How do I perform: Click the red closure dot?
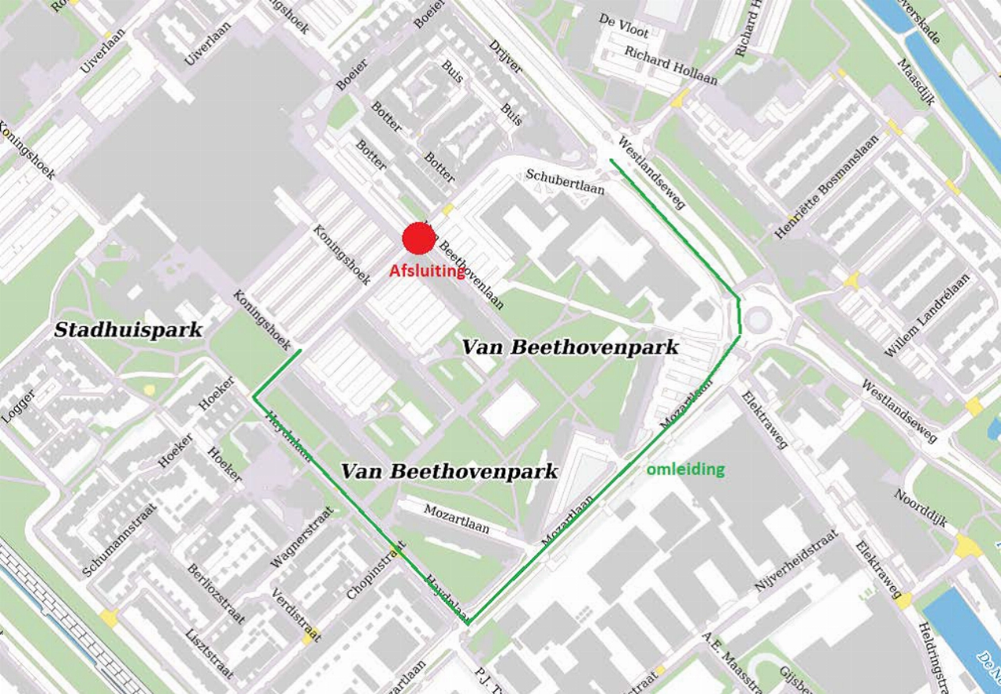[418, 239]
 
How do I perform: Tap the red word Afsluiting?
[428, 271]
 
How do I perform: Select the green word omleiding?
[685, 469]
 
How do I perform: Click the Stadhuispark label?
[128, 330]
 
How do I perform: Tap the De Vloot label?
[623, 26]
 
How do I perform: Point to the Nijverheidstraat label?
[795, 560]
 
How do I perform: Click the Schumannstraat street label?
[119, 541]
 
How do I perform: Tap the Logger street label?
[18, 405]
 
